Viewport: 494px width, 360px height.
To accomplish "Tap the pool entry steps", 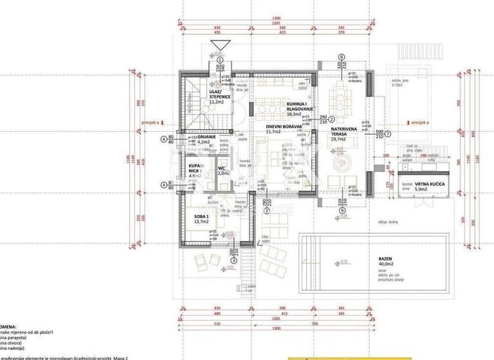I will point(311,251).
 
